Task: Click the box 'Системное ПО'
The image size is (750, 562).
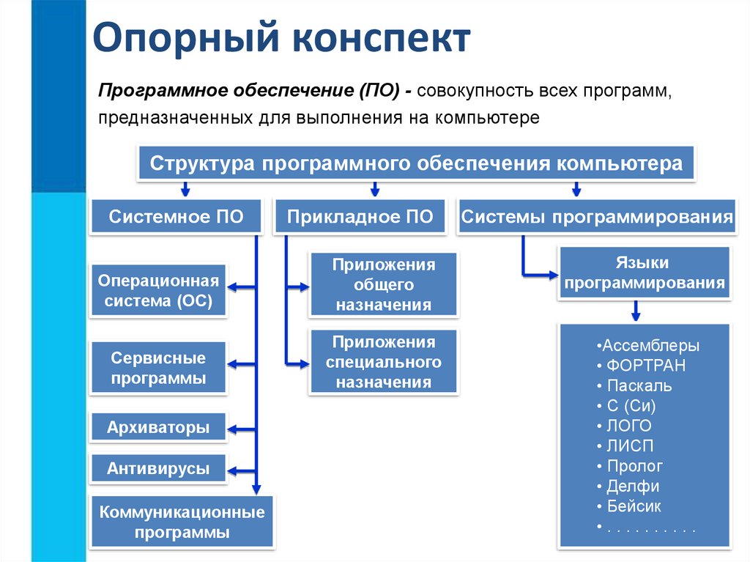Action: click(x=176, y=216)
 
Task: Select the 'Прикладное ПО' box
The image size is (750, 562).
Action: click(x=360, y=216)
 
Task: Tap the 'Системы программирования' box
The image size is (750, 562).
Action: click(x=597, y=216)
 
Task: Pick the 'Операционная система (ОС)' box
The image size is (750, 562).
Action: click(x=158, y=291)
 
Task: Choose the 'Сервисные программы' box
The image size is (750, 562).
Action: click(x=158, y=369)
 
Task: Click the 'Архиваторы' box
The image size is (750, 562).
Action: click(x=158, y=427)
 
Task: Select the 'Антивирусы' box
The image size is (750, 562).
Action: click(x=158, y=469)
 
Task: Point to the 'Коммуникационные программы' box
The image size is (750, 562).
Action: click(x=182, y=522)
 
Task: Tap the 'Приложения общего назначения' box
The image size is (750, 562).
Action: click(x=384, y=284)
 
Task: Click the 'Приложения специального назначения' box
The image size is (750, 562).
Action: click(x=384, y=362)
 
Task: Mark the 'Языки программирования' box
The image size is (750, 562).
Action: click(x=645, y=273)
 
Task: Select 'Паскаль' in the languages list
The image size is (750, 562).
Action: click(x=639, y=385)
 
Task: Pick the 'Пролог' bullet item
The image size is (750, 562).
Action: click(x=634, y=466)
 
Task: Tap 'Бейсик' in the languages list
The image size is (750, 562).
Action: click(x=634, y=506)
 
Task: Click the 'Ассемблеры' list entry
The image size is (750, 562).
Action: click(x=647, y=346)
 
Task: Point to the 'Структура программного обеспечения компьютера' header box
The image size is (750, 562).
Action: click(x=416, y=163)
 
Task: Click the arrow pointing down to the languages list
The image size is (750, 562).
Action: click(x=636, y=312)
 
